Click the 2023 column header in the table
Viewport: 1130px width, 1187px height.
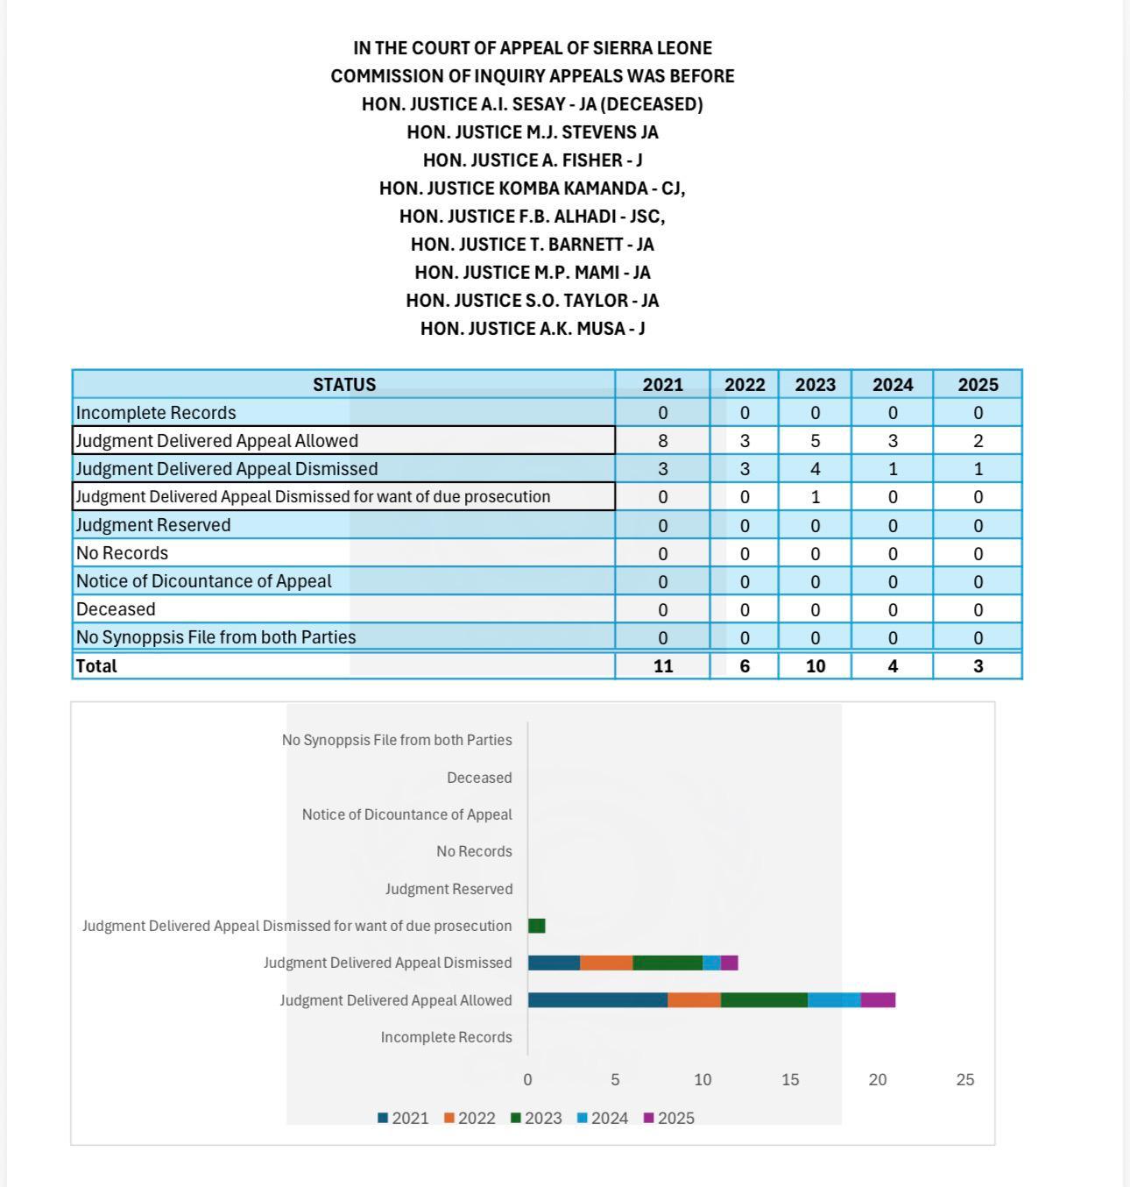815,385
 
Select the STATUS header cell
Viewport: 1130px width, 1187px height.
344,385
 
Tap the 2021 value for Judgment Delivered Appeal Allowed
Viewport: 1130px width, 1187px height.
662,441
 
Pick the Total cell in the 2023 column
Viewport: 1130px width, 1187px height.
815,666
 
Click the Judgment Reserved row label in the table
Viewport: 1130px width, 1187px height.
153,525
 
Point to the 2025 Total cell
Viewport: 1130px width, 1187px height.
978,666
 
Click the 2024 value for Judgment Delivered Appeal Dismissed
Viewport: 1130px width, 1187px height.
892,469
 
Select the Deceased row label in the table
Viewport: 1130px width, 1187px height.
116,609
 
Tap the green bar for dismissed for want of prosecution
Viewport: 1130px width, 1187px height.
536,926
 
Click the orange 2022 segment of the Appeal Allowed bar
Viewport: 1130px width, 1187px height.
694,1000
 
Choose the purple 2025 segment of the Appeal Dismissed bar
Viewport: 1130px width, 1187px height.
729,963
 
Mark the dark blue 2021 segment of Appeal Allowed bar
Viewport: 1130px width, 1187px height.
597,1000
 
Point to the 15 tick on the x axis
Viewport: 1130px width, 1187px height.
790,1080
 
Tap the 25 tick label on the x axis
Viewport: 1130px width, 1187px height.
964,1080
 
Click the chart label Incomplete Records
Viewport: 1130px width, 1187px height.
446,1037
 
